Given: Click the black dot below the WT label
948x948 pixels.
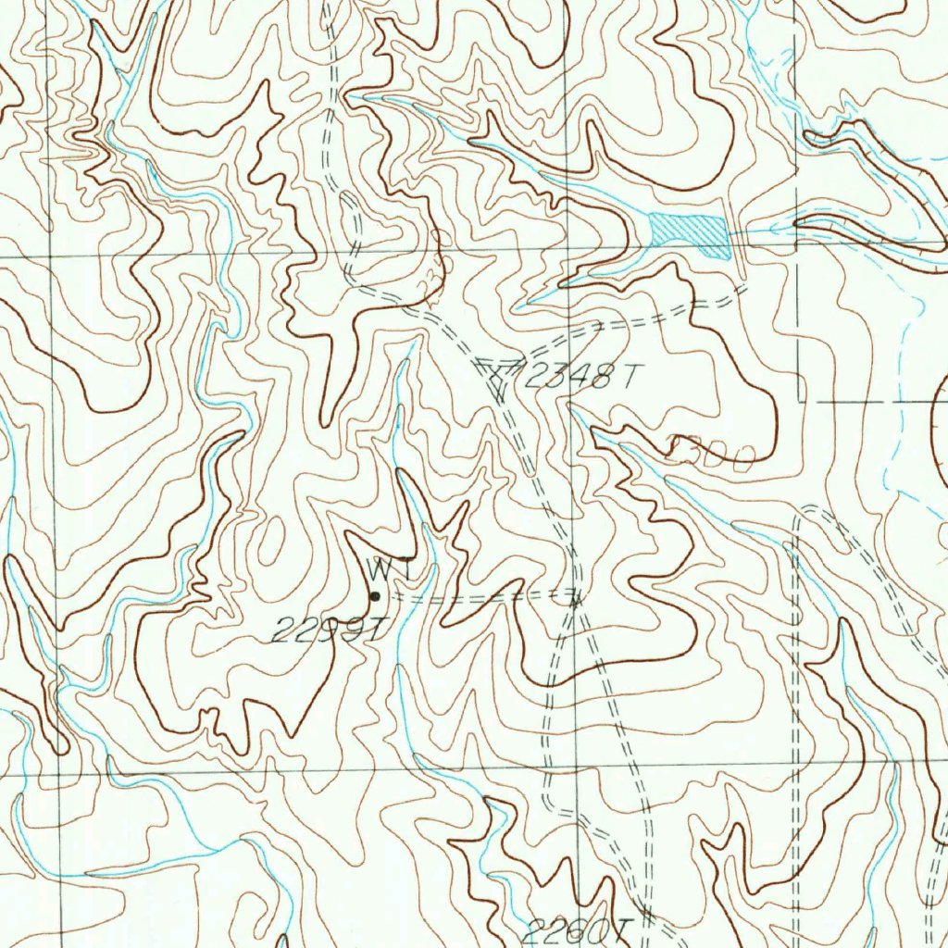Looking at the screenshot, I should [x=375, y=596].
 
